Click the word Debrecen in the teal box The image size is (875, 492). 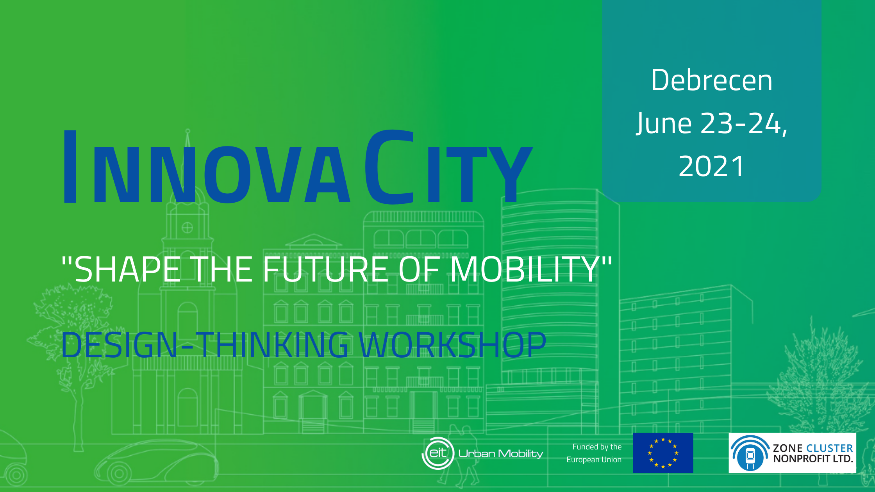click(712, 80)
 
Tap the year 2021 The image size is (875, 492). click(712, 166)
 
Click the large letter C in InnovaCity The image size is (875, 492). click(389, 167)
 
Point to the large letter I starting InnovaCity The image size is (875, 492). click(70, 167)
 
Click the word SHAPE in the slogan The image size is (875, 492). click(127, 269)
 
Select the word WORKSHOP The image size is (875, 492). click(452, 345)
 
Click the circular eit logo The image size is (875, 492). click(438, 453)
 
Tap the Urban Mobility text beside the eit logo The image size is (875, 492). click(501, 454)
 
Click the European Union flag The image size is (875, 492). click(663, 453)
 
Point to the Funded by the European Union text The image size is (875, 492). click(594, 453)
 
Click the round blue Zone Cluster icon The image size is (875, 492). click(750, 454)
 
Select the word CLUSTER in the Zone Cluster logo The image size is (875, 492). click(829, 448)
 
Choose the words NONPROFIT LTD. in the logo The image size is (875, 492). click(813, 459)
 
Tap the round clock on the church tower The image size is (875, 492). click(187, 227)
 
